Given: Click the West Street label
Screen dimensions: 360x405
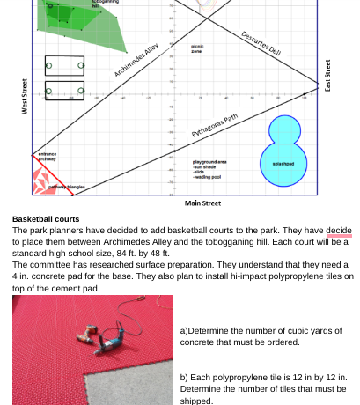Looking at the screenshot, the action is pyautogui.click(x=24, y=96).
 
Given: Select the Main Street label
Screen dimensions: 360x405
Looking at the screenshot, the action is pyautogui.click(x=202, y=203).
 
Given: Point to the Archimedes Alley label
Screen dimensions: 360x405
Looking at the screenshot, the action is pyautogui.click(x=136, y=61).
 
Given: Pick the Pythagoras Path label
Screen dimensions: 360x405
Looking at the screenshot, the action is pyautogui.click(x=215, y=126).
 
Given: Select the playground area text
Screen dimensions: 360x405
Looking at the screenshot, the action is pyautogui.click(x=209, y=162).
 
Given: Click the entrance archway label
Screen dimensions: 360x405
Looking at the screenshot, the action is pyautogui.click(x=47, y=157).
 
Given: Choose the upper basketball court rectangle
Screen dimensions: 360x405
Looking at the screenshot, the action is pyautogui.click(x=65, y=65).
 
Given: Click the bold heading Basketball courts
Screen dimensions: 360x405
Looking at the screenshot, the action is pyautogui.click(x=46, y=219).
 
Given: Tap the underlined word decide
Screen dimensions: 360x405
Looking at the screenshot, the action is pyautogui.click(x=339, y=231).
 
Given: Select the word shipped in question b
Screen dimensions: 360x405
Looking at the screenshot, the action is pyautogui.click(x=196, y=400).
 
